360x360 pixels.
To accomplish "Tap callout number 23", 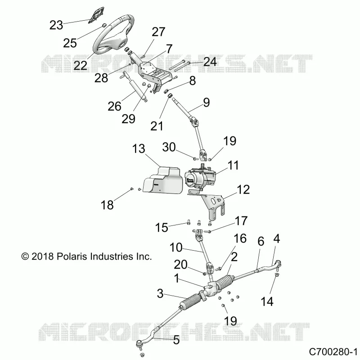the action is pyautogui.click(x=56, y=25).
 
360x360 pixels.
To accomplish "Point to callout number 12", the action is pyautogui.click(x=243, y=189).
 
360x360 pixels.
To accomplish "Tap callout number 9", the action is pyautogui.click(x=207, y=103).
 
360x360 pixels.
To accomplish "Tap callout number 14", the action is pyautogui.click(x=267, y=301).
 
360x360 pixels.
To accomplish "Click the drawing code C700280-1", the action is pyautogui.click(x=333, y=351).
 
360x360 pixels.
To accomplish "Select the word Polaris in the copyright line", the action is pyautogui.click(x=72, y=256).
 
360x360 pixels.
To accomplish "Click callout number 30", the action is pyautogui.click(x=169, y=147).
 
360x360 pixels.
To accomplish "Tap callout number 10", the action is pyautogui.click(x=176, y=247).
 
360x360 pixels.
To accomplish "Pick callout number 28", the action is pyautogui.click(x=101, y=78).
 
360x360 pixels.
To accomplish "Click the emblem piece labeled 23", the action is pyautogui.click(x=96, y=14).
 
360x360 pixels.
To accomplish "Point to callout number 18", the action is pyautogui.click(x=107, y=205).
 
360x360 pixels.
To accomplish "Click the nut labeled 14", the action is pyautogui.click(x=277, y=275).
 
